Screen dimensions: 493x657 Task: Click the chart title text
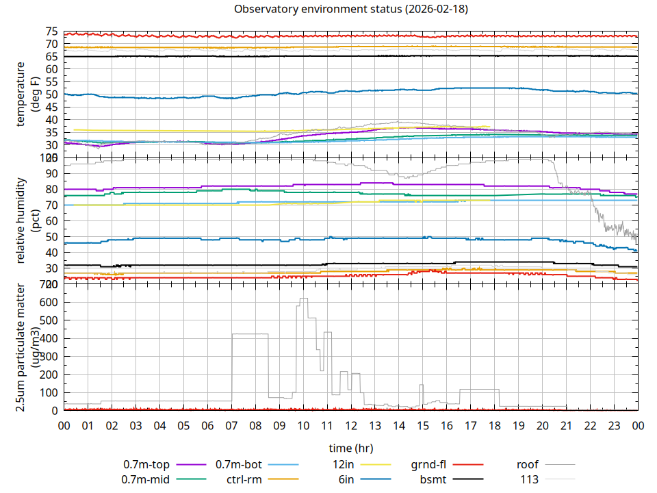(351, 9)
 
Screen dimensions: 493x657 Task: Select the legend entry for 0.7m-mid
(146, 479)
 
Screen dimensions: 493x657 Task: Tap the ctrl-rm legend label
(244, 479)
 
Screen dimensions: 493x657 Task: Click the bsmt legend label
(433, 479)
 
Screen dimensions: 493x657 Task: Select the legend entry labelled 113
(530, 479)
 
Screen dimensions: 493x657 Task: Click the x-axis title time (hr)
(351, 448)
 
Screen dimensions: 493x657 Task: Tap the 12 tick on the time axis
(351, 425)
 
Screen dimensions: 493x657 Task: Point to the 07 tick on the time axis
(231, 425)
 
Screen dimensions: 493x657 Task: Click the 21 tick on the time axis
(566, 425)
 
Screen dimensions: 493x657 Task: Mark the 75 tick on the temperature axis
(51, 31)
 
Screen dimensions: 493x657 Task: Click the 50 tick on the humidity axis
(51, 236)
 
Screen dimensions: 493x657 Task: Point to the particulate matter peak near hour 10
(304, 299)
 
